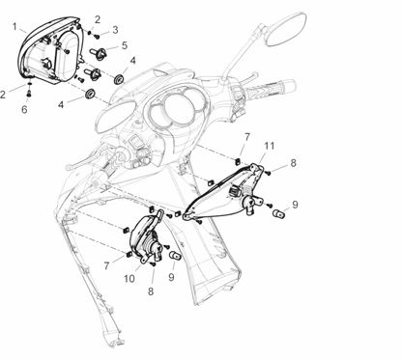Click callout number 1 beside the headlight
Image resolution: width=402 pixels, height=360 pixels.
[x=14, y=26]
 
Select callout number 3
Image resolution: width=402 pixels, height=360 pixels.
[x=115, y=30]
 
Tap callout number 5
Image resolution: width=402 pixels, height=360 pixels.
[x=125, y=45]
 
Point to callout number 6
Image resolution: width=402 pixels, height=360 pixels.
[x=24, y=110]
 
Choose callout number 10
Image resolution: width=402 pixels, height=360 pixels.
[x=129, y=278]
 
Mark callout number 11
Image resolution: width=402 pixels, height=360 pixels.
[x=270, y=146]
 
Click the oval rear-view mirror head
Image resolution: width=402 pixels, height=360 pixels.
[x=285, y=29]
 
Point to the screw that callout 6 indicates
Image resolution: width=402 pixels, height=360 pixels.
[x=29, y=94]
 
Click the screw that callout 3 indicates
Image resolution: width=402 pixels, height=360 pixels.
[x=97, y=36]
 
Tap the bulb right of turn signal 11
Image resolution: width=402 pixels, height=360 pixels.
[x=279, y=213]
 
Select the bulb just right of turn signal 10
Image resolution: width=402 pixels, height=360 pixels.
[x=176, y=256]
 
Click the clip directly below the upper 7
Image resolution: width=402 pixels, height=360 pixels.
[x=239, y=159]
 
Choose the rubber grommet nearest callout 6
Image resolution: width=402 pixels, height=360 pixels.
[x=89, y=94]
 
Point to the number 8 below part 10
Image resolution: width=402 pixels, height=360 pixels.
[x=151, y=291]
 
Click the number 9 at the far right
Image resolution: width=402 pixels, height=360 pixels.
[x=295, y=205]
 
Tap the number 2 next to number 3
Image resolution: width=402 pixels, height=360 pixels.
[x=98, y=19]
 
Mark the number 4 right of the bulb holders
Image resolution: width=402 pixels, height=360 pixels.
[x=132, y=61]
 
